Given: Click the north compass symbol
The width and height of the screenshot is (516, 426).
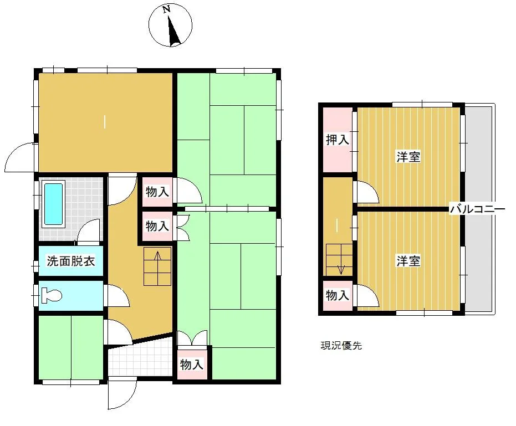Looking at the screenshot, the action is coord(170,25).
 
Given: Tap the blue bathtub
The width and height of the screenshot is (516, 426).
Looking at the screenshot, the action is coord(53,204).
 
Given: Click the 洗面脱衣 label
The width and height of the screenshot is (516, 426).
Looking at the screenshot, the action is coord(71,261).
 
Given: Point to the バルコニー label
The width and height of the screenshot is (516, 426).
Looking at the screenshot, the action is coord(477,209).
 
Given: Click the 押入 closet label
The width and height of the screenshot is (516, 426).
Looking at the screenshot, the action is coord(338,140).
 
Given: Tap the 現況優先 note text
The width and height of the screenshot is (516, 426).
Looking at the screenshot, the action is coord(341,346).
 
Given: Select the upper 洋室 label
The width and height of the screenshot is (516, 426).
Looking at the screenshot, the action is coord(408,157).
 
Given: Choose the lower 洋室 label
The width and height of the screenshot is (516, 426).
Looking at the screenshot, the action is coord(408,261).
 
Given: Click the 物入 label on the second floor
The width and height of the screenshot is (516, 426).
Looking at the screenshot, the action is coord(338,295).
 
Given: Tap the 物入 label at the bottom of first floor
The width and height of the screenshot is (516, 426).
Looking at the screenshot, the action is coord(192,365).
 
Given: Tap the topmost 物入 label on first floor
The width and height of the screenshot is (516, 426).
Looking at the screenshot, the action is coord(157,192).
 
